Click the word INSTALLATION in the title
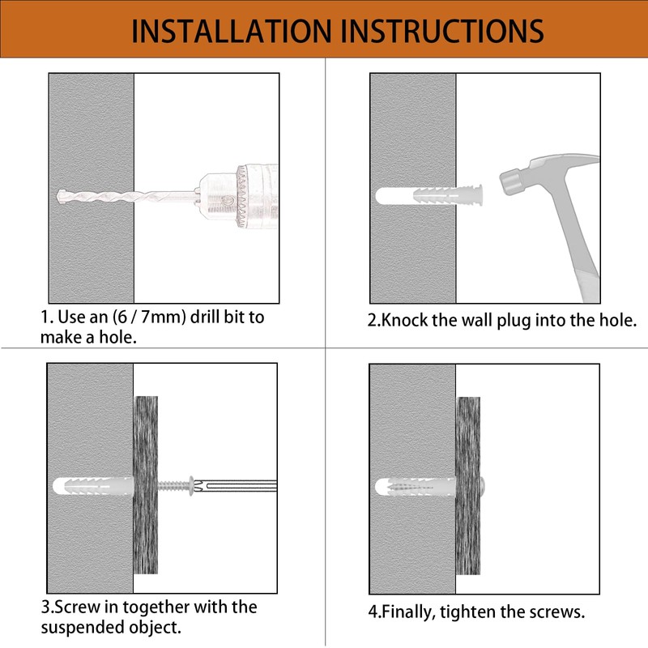pos(232,31)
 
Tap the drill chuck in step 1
pos(237,196)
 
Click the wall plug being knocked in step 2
pos(449,195)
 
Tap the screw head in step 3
pos(191,485)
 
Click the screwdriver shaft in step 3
pos(236,485)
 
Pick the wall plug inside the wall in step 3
pos(93,485)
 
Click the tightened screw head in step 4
pos(483,486)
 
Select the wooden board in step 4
pos(468,485)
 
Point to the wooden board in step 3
pos(146,484)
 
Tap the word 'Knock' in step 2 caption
pos(403,320)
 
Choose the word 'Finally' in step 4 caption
pos(408,612)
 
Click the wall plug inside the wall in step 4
pos(416,487)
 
